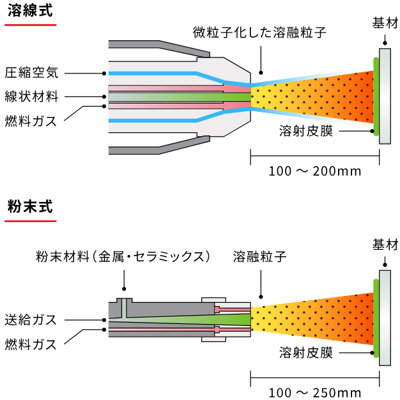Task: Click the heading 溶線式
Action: (30, 11)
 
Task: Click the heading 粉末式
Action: (30, 206)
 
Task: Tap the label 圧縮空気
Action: (32, 73)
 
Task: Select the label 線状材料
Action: (32, 96)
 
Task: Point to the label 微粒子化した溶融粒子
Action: (259, 33)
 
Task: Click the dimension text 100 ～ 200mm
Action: (315, 171)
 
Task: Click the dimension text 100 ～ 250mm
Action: (315, 393)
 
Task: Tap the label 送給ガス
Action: (31, 320)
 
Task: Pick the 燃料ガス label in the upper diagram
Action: (31, 121)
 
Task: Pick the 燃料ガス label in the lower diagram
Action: (31, 344)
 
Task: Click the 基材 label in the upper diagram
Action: (385, 23)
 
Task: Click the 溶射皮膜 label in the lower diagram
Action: (306, 353)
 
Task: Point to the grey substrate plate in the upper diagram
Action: (385, 96)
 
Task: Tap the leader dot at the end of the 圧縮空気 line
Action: (104, 73)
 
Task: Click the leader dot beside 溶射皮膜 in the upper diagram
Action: (373, 131)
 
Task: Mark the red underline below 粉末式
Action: (31, 221)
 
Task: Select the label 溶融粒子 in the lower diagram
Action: (259, 256)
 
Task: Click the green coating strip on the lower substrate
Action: (376, 318)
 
